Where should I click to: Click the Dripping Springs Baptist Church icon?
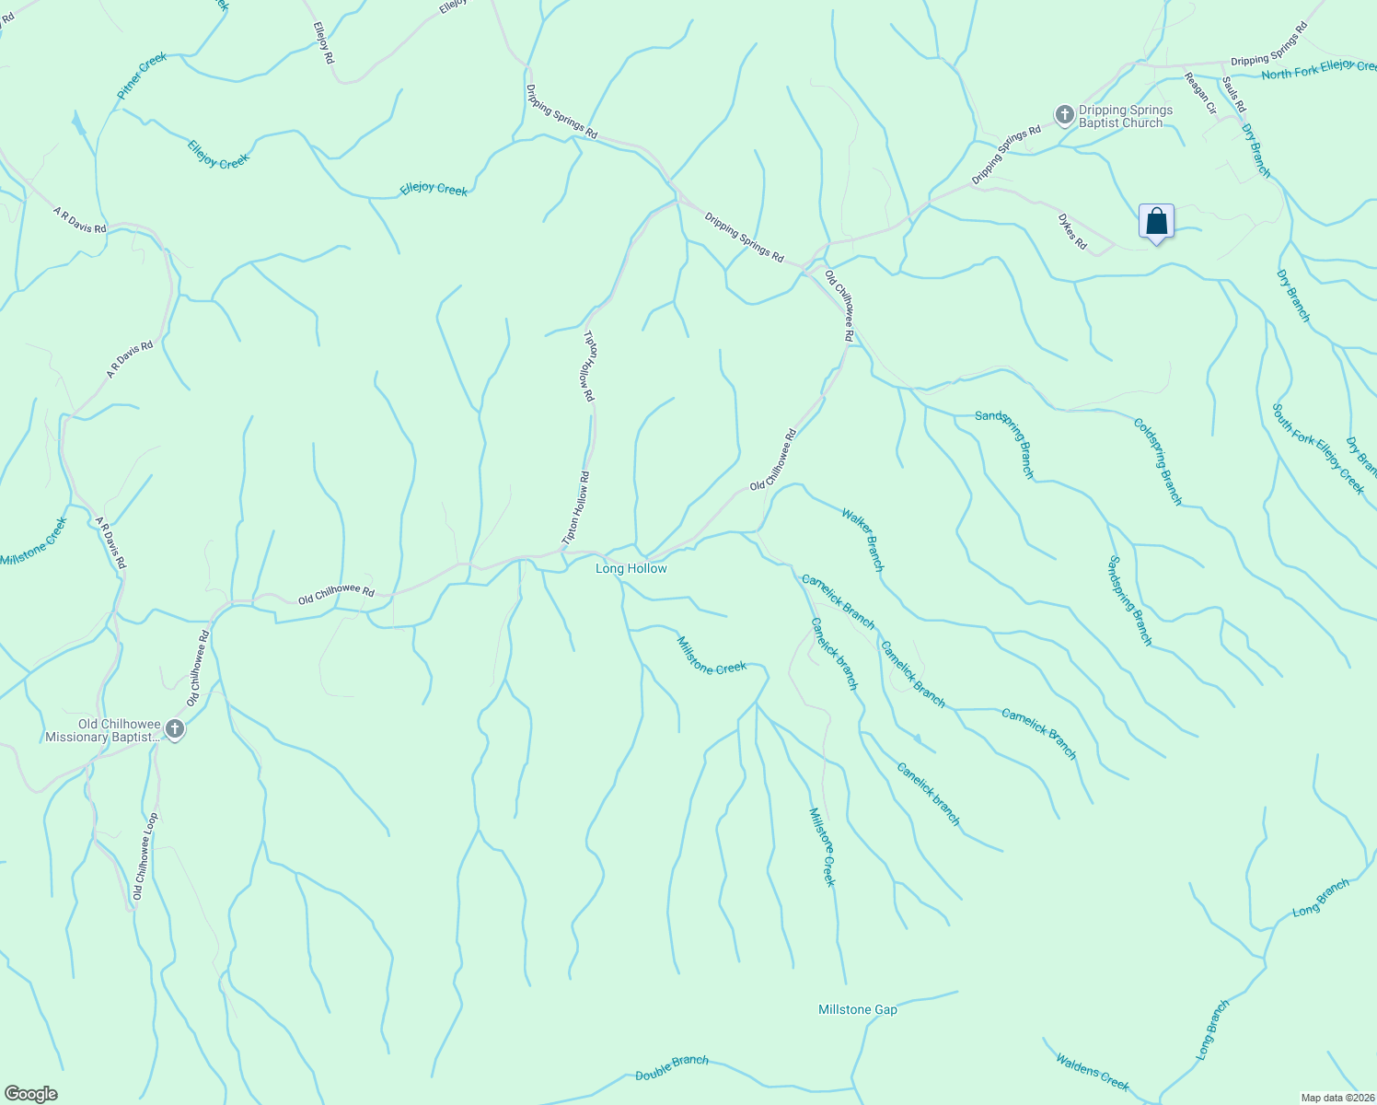pyautogui.click(x=1064, y=115)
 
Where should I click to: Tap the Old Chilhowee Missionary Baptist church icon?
pyautogui.click(x=174, y=730)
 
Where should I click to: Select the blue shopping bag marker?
pyautogui.click(x=1157, y=222)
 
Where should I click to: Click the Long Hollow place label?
pyautogui.click(x=631, y=568)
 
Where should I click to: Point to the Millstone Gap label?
pyautogui.click(x=857, y=1009)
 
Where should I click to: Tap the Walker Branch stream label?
pyautogui.click(x=862, y=540)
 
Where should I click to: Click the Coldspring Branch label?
pyautogui.click(x=1157, y=461)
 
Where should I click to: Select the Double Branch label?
pyautogui.click(x=672, y=1068)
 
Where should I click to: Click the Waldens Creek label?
pyautogui.click(x=1092, y=1072)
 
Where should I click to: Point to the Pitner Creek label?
pyautogui.click(x=142, y=76)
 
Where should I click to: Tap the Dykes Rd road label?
pyautogui.click(x=1071, y=232)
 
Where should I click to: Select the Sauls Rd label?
pyautogui.click(x=1233, y=93)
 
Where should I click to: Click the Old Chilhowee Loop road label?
pyautogui.click(x=145, y=855)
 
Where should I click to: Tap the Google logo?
pyautogui.click(x=30, y=1094)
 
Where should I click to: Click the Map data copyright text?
pyautogui.click(x=1336, y=1098)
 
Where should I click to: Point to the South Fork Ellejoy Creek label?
pyautogui.click(x=1317, y=448)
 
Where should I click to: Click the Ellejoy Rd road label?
pyautogui.click(x=323, y=42)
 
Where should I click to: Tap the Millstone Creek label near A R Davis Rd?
pyautogui.click(x=34, y=541)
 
